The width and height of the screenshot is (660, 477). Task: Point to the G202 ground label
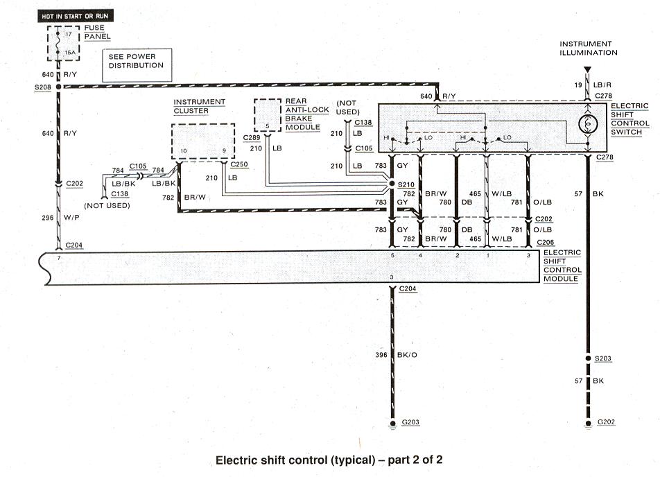605,422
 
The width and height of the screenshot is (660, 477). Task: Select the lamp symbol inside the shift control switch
588,123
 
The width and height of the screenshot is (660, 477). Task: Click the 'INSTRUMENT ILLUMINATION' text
589,48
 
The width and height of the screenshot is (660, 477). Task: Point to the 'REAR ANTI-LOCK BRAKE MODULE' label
302,114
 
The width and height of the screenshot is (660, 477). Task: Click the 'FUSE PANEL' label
96,32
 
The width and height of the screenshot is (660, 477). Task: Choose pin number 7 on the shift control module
59,258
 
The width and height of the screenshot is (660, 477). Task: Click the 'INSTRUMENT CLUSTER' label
199,106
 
